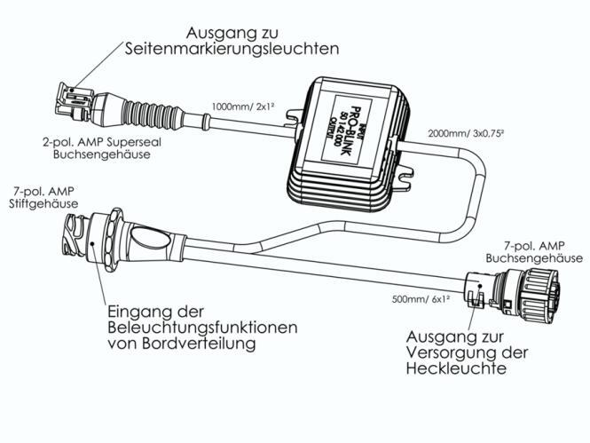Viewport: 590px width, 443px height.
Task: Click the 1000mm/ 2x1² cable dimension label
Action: pos(243,107)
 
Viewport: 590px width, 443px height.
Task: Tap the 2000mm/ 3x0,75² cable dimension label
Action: pos(466,133)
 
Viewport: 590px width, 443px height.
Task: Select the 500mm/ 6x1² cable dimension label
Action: pos(421,299)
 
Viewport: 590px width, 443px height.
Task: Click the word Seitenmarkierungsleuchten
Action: pos(232,49)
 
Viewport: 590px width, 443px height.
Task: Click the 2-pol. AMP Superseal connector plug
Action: pos(75,101)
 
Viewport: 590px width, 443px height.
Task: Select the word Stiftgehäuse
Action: pos(43,203)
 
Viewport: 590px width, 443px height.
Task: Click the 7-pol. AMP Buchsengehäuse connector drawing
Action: pos(513,289)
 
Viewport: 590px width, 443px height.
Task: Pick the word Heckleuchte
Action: pos(456,368)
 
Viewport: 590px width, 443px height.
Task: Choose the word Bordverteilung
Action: pos(200,343)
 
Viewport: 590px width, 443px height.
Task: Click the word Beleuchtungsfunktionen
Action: pos(202,327)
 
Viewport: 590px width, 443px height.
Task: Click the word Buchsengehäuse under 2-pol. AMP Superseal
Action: pos(102,154)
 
